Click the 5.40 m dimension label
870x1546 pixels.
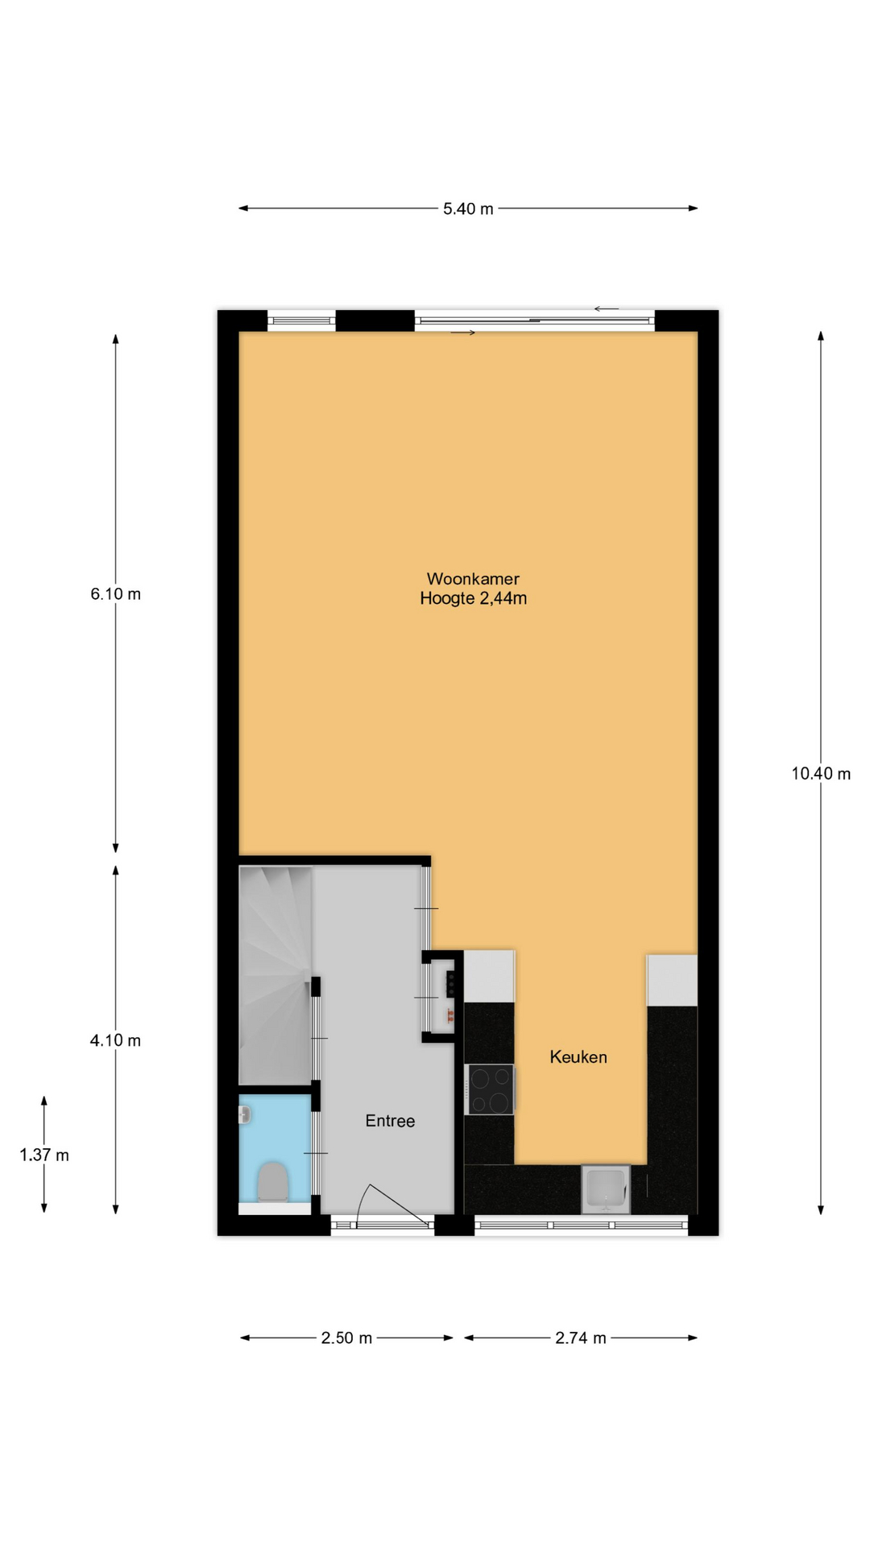click(468, 209)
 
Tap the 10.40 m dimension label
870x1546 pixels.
click(821, 774)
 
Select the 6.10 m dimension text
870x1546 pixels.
click(115, 594)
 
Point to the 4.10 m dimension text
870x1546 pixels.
click(115, 1040)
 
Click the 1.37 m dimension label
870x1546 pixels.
click(44, 1155)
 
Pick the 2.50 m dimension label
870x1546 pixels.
click(346, 1338)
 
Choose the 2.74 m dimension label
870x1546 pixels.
click(580, 1338)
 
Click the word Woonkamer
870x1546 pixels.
click(473, 579)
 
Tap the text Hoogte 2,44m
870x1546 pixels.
click(473, 598)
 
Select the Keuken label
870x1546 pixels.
click(578, 1057)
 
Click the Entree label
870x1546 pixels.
click(390, 1121)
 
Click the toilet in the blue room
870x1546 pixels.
click(273, 1182)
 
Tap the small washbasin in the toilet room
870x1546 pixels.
click(246, 1114)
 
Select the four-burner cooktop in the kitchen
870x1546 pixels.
click(490, 1089)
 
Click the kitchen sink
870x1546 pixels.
click(606, 1189)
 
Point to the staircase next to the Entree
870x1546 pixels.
click(275, 975)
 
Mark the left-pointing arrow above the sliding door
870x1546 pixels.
click(607, 308)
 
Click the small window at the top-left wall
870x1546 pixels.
click(300, 320)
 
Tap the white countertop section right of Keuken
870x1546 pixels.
click(673, 980)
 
